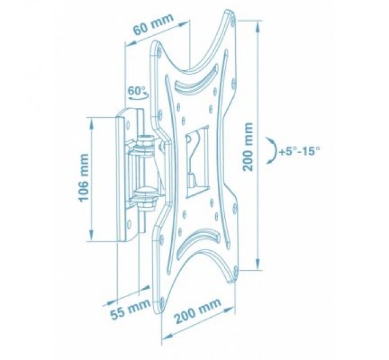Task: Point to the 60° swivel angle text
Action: (x=137, y=91)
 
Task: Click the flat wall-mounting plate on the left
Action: (x=122, y=177)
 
